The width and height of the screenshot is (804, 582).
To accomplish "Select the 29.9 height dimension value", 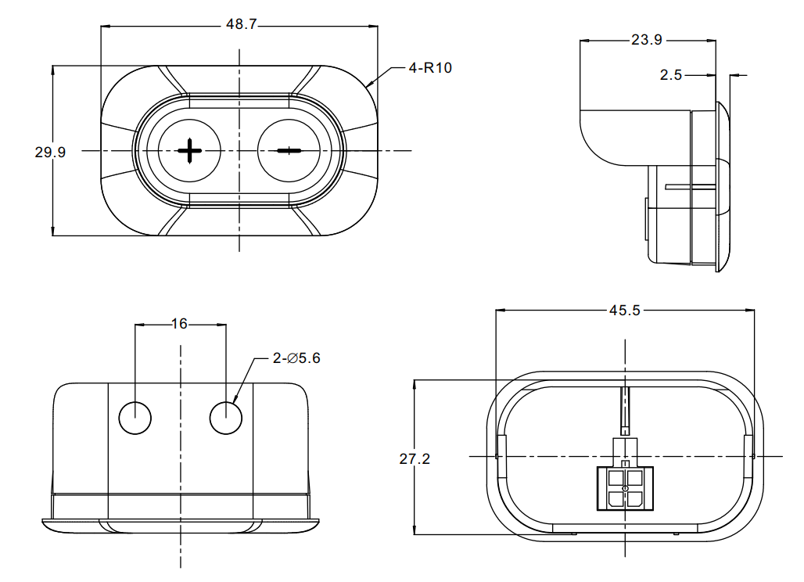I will (x=50, y=153).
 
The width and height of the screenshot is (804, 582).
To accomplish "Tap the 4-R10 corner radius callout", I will (x=430, y=68).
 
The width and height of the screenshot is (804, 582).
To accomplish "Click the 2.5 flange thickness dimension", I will (x=671, y=75).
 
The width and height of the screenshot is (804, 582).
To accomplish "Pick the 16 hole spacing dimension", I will (x=180, y=323).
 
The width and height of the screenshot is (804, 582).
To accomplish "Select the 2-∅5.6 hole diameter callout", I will (x=296, y=358).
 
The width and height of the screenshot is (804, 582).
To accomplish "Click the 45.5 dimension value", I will (x=625, y=310).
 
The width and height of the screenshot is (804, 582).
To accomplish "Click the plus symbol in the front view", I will (x=189, y=150).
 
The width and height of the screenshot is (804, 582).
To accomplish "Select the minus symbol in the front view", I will (x=289, y=150).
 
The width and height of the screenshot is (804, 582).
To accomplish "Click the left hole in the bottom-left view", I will (x=135, y=418).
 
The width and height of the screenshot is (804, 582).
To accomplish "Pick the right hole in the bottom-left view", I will (x=226, y=418).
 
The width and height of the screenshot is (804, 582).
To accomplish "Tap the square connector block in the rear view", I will (x=624, y=488).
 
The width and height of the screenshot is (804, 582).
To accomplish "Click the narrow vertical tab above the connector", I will (x=625, y=411).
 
